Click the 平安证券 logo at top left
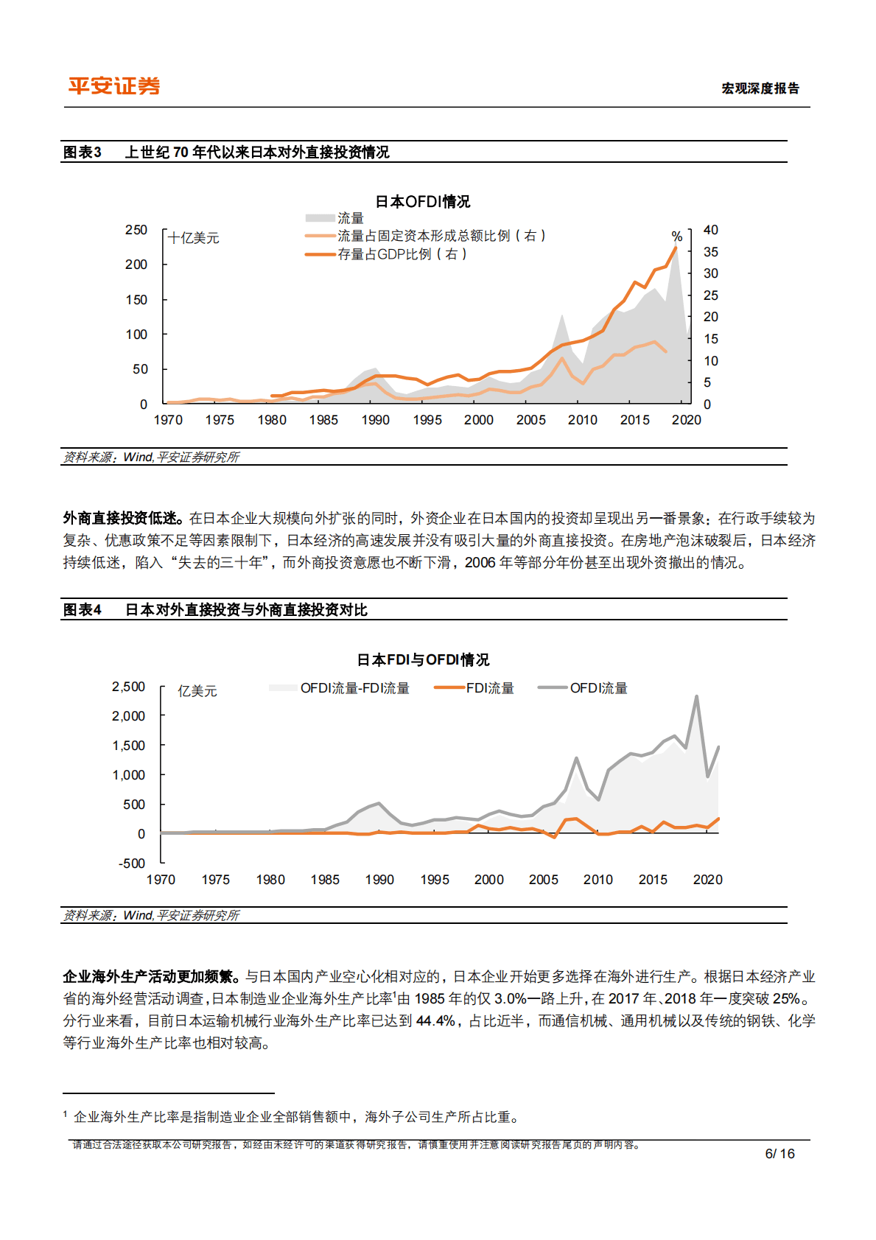pyautogui.click(x=114, y=86)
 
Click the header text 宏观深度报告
pyautogui.click(x=760, y=88)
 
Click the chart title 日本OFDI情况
pyautogui.click(x=422, y=202)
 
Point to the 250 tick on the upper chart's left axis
pyautogui.click(x=136, y=230)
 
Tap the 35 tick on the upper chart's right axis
pyautogui.click(x=710, y=252)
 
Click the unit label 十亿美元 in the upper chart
pyautogui.click(x=194, y=238)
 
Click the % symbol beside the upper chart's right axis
pyautogui.click(x=676, y=237)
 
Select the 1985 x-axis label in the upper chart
pyautogui.click(x=323, y=420)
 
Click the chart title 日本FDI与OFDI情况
pyautogui.click(x=423, y=660)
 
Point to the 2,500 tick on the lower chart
pyautogui.click(x=129, y=687)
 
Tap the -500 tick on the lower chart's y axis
pyautogui.click(x=132, y=864)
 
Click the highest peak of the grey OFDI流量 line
pyautogui.click(x=696, y=696)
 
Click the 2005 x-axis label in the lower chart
pyautogui.click(x=543, y=880)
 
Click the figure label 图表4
pyautogui.click(x=82, y=610)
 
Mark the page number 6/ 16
pyautogui.click(x=779, y=1154)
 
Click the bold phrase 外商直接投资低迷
pyautogui.click(x=122, y=519)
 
